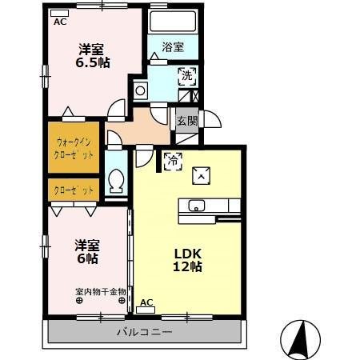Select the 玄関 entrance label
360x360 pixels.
(x=186, y=121)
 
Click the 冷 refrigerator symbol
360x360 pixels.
(x=171, y=160)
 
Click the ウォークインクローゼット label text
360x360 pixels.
(x=74, y=146)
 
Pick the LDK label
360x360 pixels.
(x=189, y=252)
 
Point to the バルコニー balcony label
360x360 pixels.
(x=145, y=331)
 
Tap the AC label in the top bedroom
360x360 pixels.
(x=60, y=22)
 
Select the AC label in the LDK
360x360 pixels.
(x=146, y=302)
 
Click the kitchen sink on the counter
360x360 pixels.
(x=197, y=206)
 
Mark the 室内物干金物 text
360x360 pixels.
(x=101, y=291)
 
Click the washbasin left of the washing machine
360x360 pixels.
(x=141, y=89)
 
